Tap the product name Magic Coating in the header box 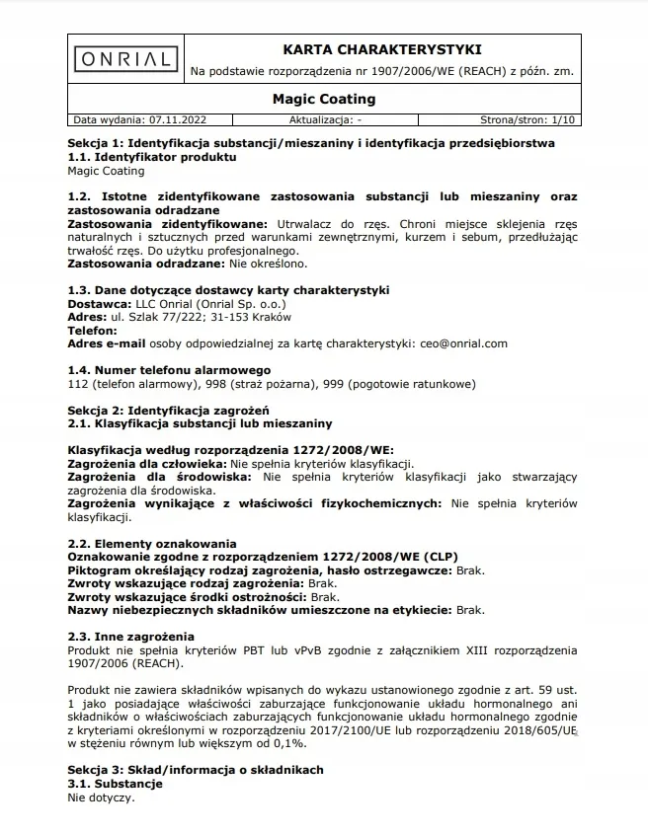point(323,99)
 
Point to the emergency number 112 point(77,383)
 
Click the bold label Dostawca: point(100,304)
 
